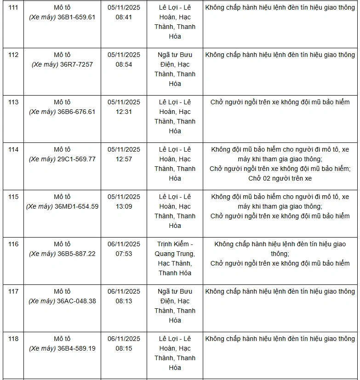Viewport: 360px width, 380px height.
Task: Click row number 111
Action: (13, 8)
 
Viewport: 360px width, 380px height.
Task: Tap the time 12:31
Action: (124, 112)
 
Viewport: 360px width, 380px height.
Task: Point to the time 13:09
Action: (124, 206)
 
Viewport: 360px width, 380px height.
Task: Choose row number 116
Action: (13, 244)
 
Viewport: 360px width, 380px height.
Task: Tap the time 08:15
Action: (124, 348)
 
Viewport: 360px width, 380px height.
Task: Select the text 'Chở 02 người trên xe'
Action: (280, 178)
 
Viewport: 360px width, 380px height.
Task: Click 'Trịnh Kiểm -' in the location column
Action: (175, 244)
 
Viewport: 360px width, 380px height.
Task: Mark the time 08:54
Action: (124, 64)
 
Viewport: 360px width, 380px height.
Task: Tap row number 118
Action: (13, 339)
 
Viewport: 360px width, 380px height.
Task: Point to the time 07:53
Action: (124, 254)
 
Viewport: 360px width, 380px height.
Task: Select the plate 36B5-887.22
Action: (76, 254)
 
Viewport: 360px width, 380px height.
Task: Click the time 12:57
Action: (124, 159)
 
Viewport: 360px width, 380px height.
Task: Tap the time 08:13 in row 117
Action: (124, 301)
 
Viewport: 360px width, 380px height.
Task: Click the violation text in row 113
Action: (280, 102)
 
